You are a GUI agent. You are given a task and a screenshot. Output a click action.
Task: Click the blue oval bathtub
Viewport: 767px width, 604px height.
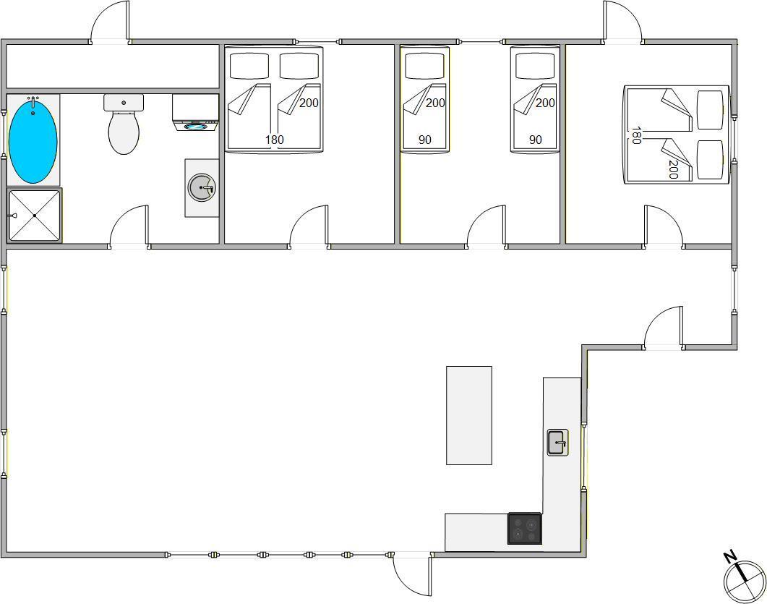(33, 140)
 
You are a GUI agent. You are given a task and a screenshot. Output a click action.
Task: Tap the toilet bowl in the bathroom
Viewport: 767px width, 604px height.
(124, 133)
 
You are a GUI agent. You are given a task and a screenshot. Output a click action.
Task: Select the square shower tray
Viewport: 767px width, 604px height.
(34, 216)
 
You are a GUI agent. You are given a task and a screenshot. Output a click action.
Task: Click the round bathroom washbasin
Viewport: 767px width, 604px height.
(202, 187)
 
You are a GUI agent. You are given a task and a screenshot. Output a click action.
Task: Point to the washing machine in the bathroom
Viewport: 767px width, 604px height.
(195, 113)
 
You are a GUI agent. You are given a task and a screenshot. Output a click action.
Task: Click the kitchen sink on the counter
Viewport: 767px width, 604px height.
(557, 443)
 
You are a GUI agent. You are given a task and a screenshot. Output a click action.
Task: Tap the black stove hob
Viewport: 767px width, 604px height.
(525, 529)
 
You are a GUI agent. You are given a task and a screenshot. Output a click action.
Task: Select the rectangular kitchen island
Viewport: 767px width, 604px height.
(469, 415)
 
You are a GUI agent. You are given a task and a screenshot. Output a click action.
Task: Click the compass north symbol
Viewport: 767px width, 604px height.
(745, 582)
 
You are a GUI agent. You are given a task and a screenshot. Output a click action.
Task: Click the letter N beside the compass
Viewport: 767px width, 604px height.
(729, 556)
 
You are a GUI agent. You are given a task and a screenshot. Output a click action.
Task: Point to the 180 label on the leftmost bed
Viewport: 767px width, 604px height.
(275, 140)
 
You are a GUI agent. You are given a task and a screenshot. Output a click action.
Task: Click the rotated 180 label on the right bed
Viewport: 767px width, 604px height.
(635, 135)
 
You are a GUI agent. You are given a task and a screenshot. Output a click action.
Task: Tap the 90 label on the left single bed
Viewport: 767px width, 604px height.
(424, 140)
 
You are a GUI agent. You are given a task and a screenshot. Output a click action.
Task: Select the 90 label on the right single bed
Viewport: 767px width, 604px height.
(535, 140)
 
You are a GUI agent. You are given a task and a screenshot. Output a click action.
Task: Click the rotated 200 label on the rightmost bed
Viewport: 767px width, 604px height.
(672, 169)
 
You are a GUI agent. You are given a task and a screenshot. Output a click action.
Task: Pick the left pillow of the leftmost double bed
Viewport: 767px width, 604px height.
(249, 66)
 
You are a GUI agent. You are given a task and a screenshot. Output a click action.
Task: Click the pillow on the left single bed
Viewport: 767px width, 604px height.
(424, 66)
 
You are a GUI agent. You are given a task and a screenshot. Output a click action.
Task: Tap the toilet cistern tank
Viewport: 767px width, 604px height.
(124, 102)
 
